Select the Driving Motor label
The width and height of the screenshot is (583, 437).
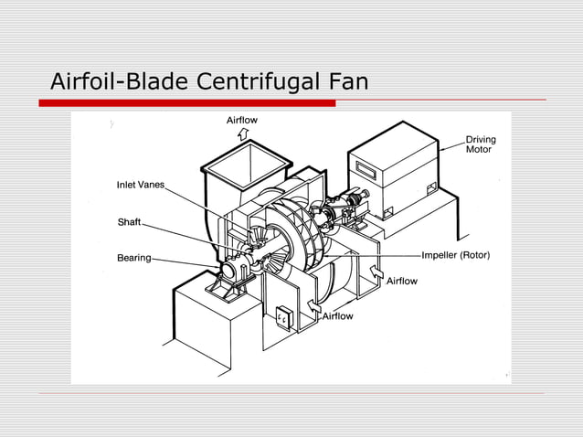coord(481,144)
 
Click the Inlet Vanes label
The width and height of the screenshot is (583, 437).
coord(140,185)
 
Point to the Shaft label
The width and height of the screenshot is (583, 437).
coord(129,222)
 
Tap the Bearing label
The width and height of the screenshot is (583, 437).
coord(133,258)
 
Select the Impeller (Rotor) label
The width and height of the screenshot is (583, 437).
coord(455,256)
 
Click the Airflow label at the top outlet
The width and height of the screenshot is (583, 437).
coord(242,121)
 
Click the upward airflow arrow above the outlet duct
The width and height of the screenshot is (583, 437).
coord(242,134)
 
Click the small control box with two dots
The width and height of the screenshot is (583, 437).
coord(283,317)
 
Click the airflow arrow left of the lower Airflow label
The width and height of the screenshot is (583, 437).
coord(313,307)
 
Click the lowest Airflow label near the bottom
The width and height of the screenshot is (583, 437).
coord(337,316)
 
